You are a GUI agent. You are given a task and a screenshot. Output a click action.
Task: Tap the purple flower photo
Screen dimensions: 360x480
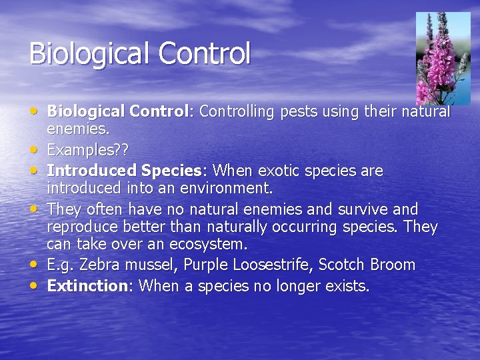pyautogui.click(x=443, y=58)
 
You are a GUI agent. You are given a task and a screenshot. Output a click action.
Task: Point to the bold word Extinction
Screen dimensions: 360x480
pyautogui.click(x=87, y=286)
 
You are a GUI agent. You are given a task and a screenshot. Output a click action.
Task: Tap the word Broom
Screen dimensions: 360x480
pyautogui.click(x=391, y=265)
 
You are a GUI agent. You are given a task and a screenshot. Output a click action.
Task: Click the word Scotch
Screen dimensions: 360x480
pyautogui.click(x=340, y=265)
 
